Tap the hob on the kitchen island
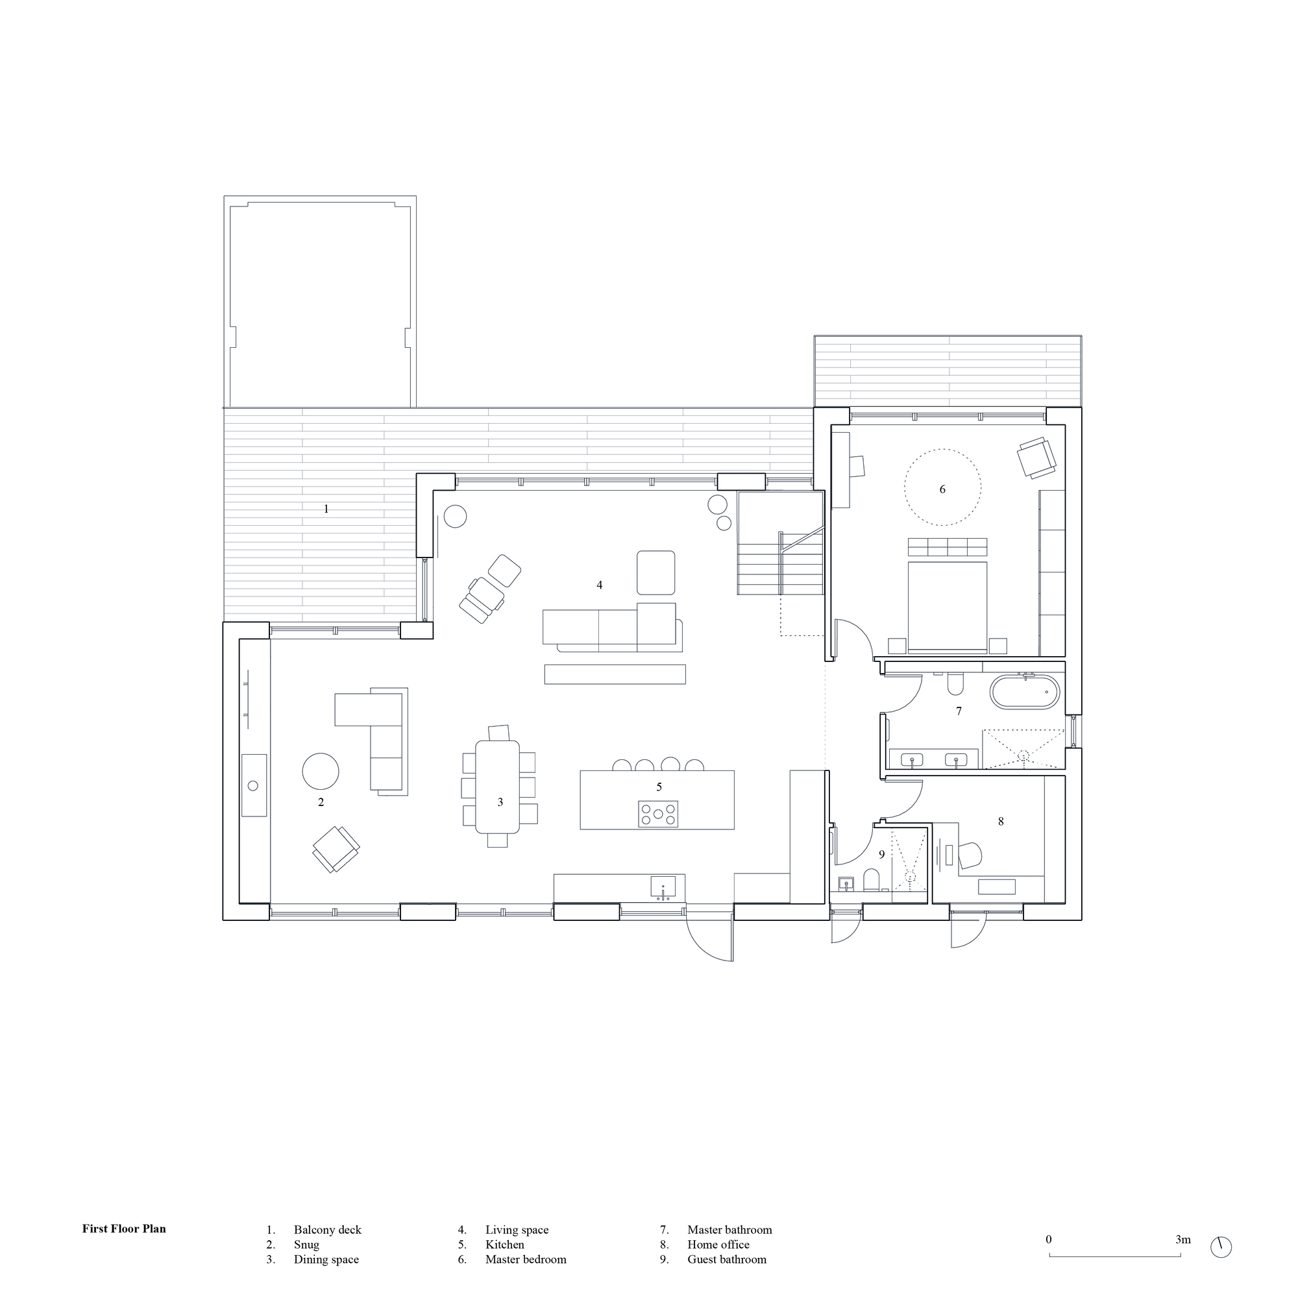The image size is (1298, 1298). (657, 814)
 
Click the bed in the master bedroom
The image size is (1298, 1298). (948, 605)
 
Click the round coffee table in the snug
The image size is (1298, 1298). (321, 771)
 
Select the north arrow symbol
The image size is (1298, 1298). (1221, 1266)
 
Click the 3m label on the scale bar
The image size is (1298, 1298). (1182, 1258)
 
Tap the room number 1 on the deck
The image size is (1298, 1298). (326, 509)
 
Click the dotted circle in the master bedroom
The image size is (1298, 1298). (942, 487)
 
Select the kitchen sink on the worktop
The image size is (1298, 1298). (664, 887)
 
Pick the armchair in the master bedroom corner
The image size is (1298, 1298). (1035, 458)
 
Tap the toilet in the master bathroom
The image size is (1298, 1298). (955, 684)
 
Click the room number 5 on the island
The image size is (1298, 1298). (659, 787)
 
